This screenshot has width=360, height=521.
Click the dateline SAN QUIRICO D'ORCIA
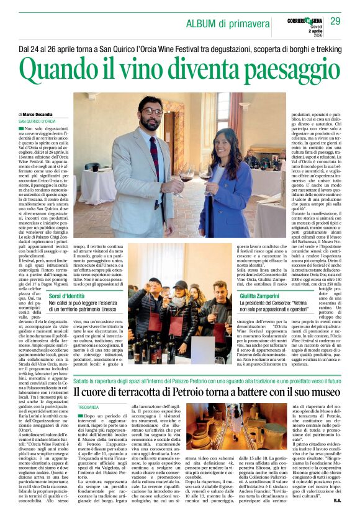tap(37, 121)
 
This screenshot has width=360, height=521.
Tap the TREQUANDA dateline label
tap(89, 407)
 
